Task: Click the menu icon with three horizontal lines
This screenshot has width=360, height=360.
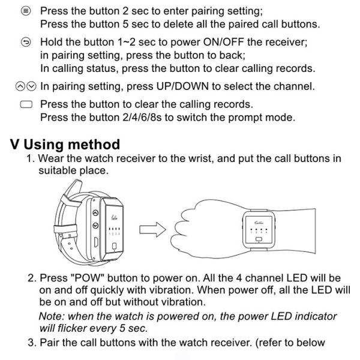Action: tap(25, 11)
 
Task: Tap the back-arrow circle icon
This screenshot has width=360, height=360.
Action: tap(25, 42)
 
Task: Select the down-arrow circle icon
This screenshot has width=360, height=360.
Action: tap(31, 86)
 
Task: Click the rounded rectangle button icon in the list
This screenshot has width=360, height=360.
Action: tap(25, 104)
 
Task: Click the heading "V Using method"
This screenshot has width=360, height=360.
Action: tap(65, 145)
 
